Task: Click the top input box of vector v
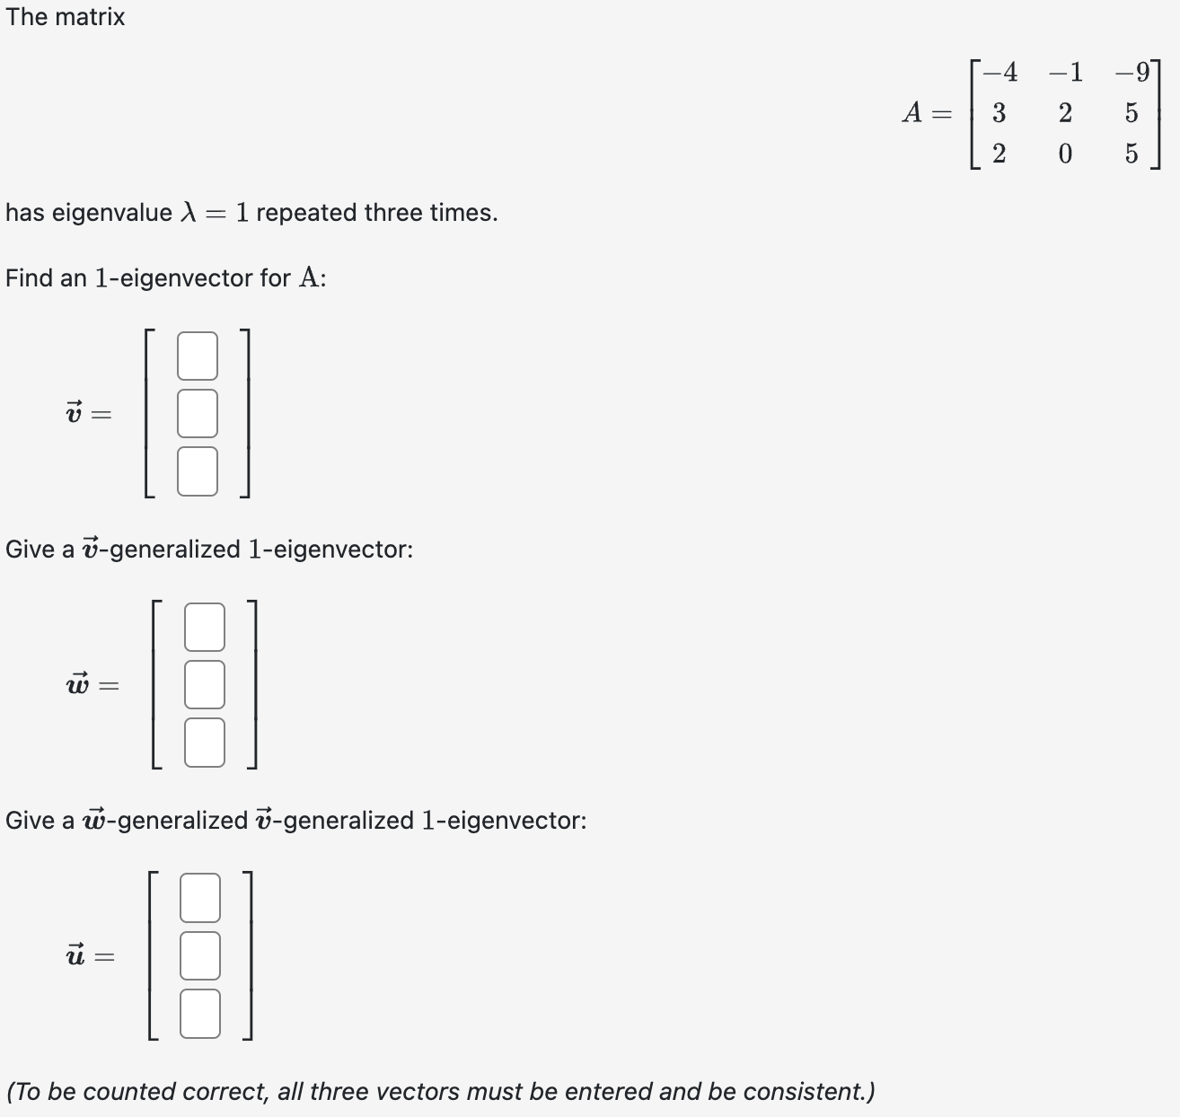(x=198, y=356)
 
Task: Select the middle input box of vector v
(x=198, y=413)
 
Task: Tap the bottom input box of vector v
(x=198, y=471)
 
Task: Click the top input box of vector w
(x=205, y=627)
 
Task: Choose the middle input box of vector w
(x=205, y=684)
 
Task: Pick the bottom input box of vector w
(x=205, y=743)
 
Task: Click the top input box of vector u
(x=200, y=898)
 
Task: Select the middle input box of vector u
(x=200, y=955)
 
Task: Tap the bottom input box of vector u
(x=200, y=1014)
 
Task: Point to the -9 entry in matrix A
(x=1132, y=72)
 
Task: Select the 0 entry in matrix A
(x=1065, y=154)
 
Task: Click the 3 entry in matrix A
(x=999, y=113)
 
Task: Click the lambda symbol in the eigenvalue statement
(x=188, y=213)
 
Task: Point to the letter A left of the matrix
(x=912, y=113)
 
